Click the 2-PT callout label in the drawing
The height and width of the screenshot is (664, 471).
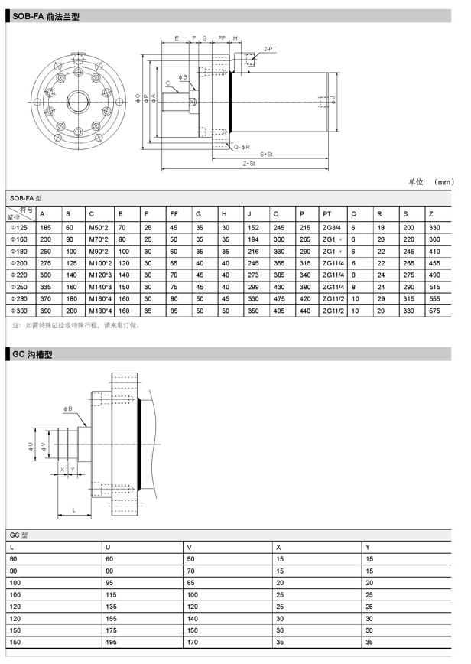click(x=269, y=47)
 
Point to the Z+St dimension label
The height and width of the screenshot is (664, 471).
click(x=248, y=164)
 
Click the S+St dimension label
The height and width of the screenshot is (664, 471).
click(x=266, y=155)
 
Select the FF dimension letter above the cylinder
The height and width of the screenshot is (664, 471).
click(x=221, y=37)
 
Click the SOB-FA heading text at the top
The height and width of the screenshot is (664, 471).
click(x=45, y=15)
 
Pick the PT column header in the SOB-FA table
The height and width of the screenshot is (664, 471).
click(x=327, y=213)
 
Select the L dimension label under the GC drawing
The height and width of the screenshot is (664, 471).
click(x=73, y=509)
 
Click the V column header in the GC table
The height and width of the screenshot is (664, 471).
click(x=189, y=547)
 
